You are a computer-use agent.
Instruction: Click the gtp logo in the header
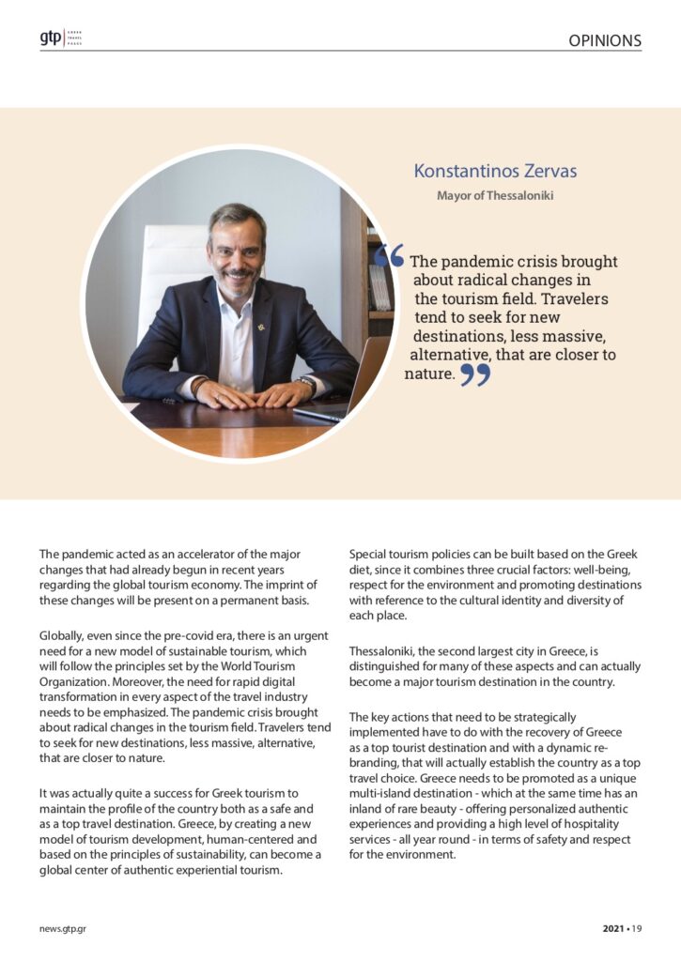pyautogui.click(x=50, y=38)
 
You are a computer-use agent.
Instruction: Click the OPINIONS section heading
pyautogui.click(x=604, y=40)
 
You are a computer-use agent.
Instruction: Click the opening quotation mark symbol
pyautogui.click(x=395, y=255)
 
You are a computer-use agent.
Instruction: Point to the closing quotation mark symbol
pyautogui.click(x=475, y=374)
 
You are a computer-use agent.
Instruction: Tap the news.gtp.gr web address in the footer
pyautogui.click(x=63, y=929)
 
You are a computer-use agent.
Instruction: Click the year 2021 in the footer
pyautogui.click(x=614, y=929)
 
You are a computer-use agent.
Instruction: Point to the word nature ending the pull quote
pyautogui.click(x=429, y=374)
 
